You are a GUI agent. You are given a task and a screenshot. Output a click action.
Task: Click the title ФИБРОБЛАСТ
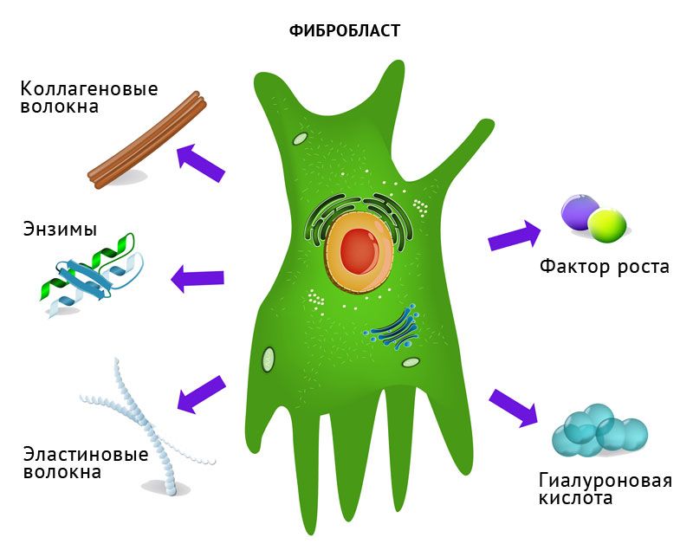pos(344,31)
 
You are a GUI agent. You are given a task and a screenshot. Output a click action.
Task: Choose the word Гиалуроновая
pos(605,481)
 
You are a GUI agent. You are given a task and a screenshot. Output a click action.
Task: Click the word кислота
pos(575,499)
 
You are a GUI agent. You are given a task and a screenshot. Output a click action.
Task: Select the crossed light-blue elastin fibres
pos(147,424)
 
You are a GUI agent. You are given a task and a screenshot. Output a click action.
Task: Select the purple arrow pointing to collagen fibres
pos(200,163)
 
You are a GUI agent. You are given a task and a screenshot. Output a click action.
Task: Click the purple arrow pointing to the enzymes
pos(198,278)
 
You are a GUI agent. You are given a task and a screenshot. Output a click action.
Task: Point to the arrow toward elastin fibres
pos(201,392)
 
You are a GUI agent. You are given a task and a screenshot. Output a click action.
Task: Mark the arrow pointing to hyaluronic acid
pos(514,407)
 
